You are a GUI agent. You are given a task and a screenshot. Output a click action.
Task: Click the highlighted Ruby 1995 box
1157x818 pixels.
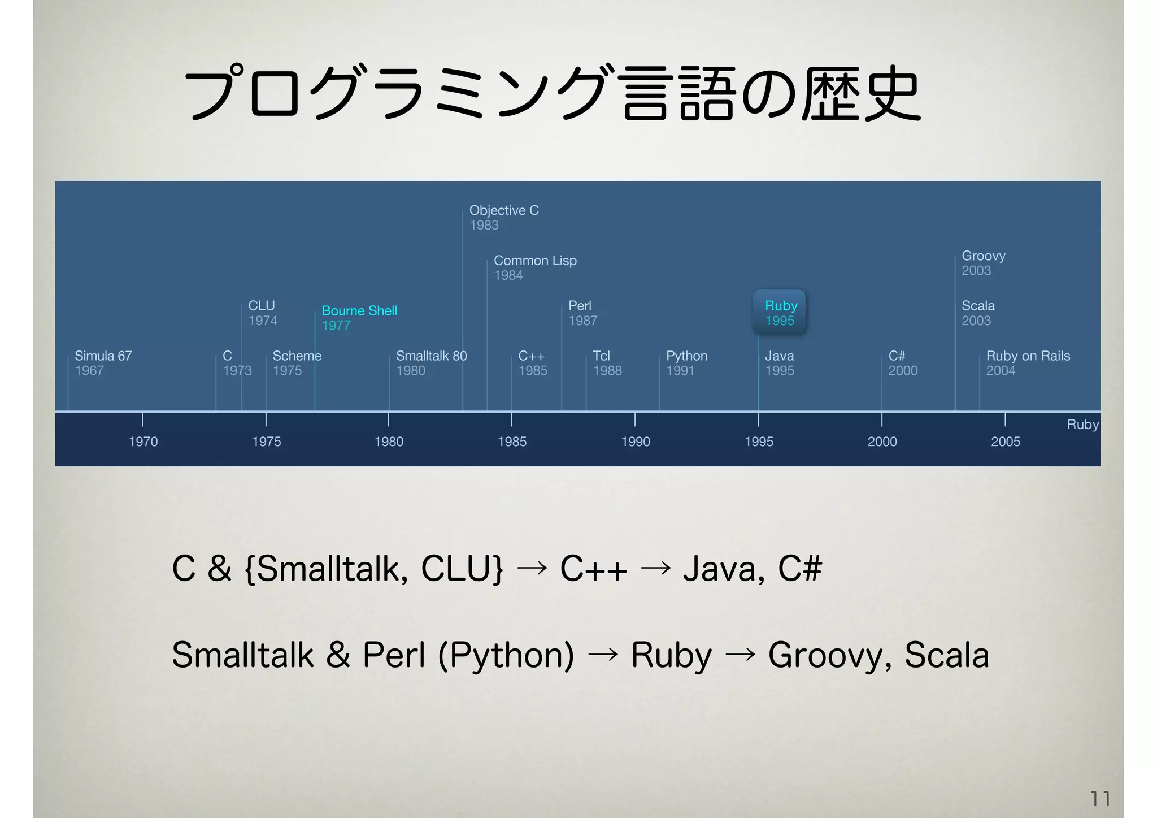pos(779,313)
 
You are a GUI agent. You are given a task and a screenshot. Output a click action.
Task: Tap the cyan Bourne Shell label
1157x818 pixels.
pos(359,311)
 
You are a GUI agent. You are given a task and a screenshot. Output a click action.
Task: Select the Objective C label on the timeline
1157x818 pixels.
pos(504,210)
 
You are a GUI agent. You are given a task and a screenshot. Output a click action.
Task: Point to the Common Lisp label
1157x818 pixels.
pos(535,261)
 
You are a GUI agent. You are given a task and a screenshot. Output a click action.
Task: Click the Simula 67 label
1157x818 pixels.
pos(103,356)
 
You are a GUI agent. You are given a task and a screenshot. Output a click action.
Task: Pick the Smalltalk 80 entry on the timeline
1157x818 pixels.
pos(431,356)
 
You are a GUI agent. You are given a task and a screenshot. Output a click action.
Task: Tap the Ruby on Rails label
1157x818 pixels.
pos(1028,356)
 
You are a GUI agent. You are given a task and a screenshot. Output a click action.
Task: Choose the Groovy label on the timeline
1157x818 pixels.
pos(983,256)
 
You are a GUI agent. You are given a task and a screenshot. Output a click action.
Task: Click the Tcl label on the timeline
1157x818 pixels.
pos(601,356)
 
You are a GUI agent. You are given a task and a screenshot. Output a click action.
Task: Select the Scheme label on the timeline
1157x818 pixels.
pos(297,356)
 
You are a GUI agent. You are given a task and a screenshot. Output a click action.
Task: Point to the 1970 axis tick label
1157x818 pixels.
pos(143,442)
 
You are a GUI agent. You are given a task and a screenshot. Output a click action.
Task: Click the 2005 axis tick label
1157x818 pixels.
pos(1005,442)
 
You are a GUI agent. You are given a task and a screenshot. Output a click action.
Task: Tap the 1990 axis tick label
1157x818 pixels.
pos(636,442)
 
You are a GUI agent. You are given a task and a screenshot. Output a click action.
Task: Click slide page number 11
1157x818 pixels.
pos(1100,799)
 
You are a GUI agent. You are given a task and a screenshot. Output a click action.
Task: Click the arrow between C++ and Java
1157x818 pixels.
pos(655,568)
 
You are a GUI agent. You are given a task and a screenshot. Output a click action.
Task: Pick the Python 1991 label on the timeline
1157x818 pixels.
pos(686,363)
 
